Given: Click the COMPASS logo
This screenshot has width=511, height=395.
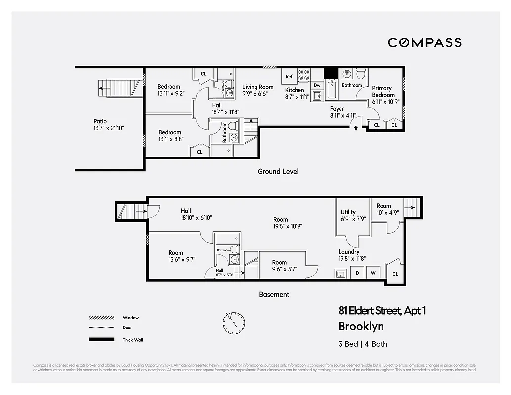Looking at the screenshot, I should click(x=425, y=42).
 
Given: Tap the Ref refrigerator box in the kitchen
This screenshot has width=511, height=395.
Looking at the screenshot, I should click(x=289, y=77).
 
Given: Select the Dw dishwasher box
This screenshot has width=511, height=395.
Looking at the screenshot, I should click(x=317, y=85).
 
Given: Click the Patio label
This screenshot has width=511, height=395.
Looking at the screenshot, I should click(x=100, y=121).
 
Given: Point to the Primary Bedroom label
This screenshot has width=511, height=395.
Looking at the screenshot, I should click(x=383, y=92).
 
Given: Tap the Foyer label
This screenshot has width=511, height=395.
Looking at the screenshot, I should click(x=337, y=109).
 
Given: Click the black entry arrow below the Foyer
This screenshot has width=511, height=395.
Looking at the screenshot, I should click(x=355, y=128).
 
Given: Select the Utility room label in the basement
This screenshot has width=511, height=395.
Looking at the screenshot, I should click(x=348, y=212).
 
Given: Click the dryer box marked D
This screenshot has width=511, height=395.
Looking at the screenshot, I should click(x=357, y=273).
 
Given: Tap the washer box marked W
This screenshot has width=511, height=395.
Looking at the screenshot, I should click(x=373, y=273).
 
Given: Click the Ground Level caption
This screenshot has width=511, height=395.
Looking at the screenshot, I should click(x=278, y=172).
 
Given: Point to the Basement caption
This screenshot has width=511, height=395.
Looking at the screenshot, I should click(x=274, y=294).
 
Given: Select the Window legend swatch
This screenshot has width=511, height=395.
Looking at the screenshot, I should click(x=98, y=318).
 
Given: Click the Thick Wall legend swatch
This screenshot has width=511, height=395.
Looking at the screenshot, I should click(x=98, y=339).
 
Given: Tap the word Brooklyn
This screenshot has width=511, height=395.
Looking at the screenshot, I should click(x=361, y=326).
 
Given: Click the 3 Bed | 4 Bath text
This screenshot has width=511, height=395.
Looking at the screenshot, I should click(x=363, y=344).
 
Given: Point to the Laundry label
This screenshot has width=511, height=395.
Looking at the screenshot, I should click(x=348, y=252).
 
